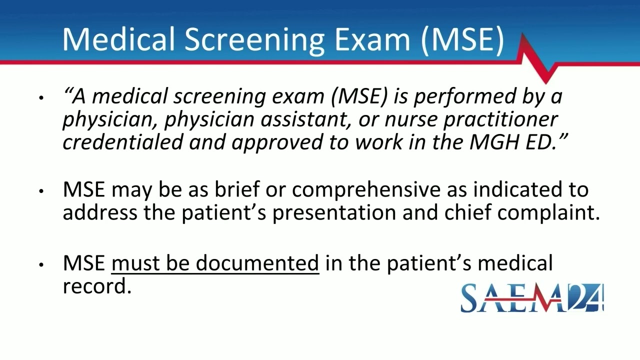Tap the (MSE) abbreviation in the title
point(462,39)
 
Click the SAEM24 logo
point(532,298)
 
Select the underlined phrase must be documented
point(215,263)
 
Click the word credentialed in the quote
point(122,142)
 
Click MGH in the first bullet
point(491,142)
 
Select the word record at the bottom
point(96,286)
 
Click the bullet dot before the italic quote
point(41,97)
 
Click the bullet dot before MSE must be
point(41,264)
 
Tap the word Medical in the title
point(120,39)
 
